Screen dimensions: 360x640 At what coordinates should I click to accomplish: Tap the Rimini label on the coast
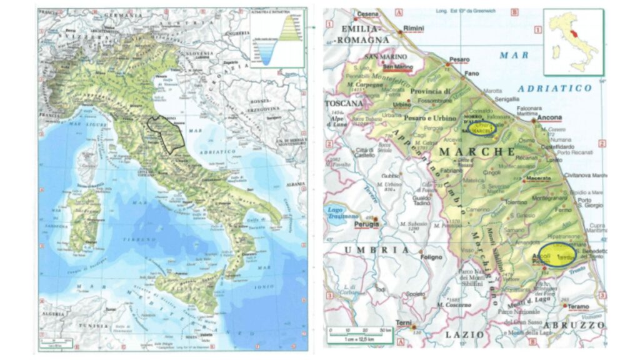(x=414, y=29)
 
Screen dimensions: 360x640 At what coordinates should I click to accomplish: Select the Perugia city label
(x=367, y=223)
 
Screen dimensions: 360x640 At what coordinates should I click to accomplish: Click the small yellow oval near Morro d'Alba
(x=481, y=127)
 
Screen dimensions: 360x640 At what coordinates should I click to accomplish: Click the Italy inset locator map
(x=572, y=41)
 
